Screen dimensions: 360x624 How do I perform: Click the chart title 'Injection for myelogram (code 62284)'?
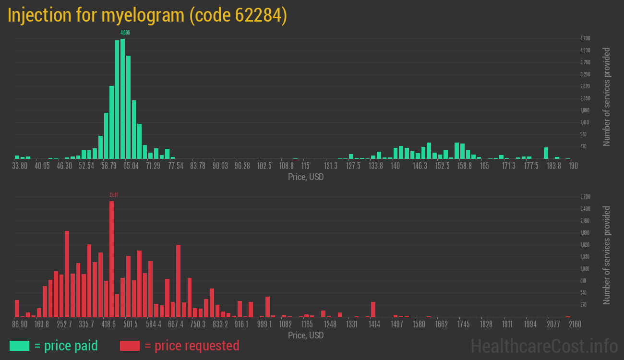coord(147,15)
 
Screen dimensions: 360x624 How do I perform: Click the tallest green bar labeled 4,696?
coord(122,98)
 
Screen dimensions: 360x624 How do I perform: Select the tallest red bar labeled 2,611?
coord(111,259)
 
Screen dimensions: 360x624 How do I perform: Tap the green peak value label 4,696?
coord(125,33)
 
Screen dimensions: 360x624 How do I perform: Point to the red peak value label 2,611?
coord(114,195)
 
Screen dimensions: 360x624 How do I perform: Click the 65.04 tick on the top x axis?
coord(131,166)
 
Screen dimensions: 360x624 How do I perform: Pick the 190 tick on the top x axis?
coord(573,166)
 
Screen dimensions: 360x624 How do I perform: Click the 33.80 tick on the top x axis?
coord(20,166)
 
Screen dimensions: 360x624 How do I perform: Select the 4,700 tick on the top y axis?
coord(585,38)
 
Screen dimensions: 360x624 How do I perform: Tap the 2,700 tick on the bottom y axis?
coord(585,197)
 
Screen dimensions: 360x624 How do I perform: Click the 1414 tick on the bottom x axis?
coord(374,324)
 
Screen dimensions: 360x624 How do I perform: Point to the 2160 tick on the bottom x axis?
coord(575,324)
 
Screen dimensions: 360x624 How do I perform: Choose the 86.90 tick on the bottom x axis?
coord(20,324)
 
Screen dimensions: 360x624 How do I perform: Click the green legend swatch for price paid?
coord(19,346)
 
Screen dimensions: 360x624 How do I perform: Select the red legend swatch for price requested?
coord(130,346)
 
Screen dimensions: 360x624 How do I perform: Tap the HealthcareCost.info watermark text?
coord(544,346)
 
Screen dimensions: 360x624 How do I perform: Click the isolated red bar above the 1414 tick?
coord(373,309)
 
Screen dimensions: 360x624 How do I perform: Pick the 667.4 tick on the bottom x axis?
coord(176,324)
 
